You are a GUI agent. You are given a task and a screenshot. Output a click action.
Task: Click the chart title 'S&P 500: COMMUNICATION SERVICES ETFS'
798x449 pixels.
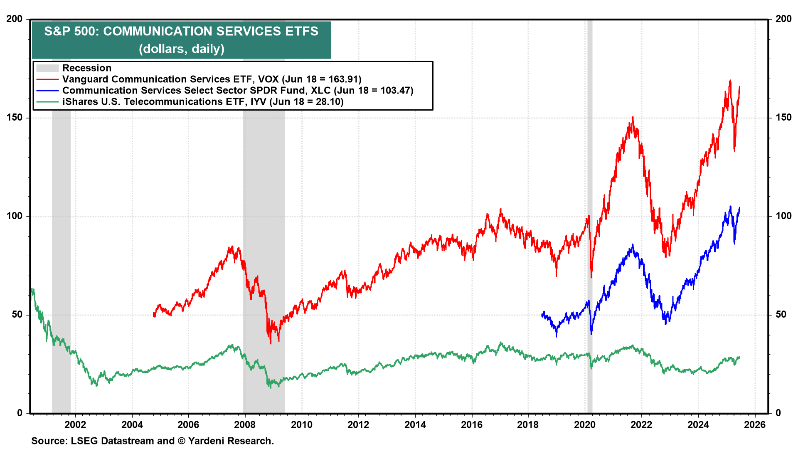(x=181, y=32)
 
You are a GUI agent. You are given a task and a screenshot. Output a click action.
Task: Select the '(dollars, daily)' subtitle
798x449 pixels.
(x=181, y=49)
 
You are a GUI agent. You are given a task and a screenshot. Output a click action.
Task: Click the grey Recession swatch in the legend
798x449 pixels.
(x=47, y=68)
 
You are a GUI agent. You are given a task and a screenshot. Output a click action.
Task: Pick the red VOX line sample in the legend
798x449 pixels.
(x=47, y=79)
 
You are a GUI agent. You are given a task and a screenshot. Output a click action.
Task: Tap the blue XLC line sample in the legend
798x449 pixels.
(x=47, y=91)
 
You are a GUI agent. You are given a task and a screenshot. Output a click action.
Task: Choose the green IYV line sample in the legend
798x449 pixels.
(x=47, y=102)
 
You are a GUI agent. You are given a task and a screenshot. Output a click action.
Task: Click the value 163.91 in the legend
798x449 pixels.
(x=343, y=79)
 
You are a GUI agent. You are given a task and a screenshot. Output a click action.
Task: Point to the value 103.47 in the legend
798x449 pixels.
(x=395, y=91)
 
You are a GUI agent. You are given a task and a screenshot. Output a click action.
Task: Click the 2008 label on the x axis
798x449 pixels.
(x=245, y=425)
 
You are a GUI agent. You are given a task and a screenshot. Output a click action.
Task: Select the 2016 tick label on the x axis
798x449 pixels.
(x=472, y=425)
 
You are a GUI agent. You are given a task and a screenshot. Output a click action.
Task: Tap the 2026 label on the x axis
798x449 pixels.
(x=755, y=425)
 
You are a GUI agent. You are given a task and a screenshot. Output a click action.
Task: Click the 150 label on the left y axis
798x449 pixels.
(x=15, y=118)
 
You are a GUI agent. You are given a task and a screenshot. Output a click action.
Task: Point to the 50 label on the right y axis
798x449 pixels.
(x=781, y=315)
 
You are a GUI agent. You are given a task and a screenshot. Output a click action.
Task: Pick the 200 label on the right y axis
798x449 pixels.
(x=783, y=19)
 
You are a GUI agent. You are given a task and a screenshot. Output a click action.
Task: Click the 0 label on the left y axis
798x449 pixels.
(x=20, y=413)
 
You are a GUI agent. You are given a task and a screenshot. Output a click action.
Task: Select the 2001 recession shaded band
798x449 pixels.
(x=61, y=249)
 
